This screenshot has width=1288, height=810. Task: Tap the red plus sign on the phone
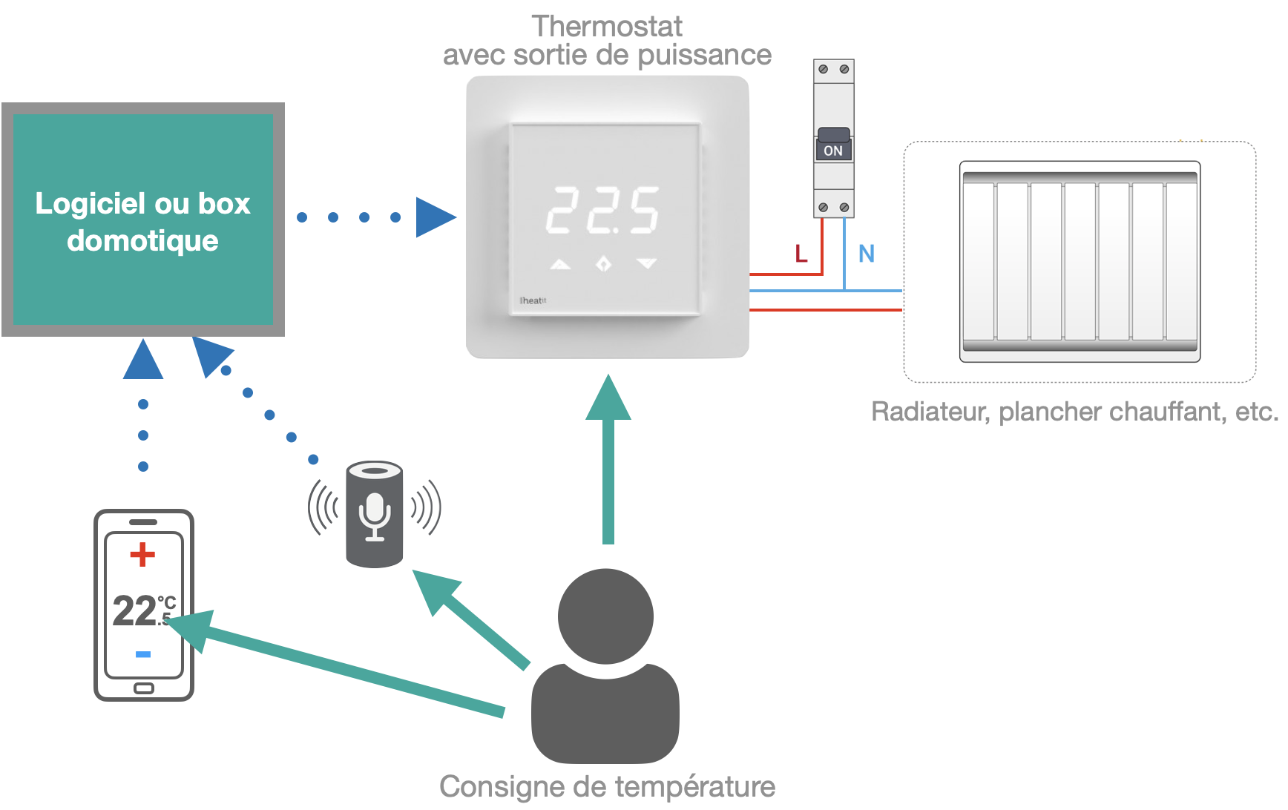tap(142, 554)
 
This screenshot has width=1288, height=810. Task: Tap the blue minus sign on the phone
tap(143, 653)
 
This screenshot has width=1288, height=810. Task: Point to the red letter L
tap(801, 254)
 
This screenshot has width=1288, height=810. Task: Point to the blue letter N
tap(866, 254)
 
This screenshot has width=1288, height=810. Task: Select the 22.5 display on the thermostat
tap(602, 210)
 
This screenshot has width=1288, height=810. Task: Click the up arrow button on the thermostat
tap(560, 264)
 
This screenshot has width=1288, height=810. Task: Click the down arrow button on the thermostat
tap(647, 263)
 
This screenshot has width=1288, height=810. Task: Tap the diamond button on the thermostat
tap(603, 263)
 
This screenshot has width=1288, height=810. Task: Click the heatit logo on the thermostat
tap(533, 300)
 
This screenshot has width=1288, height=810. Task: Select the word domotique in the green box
tap(142, 241)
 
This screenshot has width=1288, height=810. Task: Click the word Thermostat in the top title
tap(607, 27)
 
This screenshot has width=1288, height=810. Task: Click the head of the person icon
tap(605, 616)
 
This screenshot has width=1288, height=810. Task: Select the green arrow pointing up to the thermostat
tap(608, 460)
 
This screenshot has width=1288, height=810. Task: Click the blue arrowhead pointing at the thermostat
tap(435, 217)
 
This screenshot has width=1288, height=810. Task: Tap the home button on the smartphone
tap(143, 688)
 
